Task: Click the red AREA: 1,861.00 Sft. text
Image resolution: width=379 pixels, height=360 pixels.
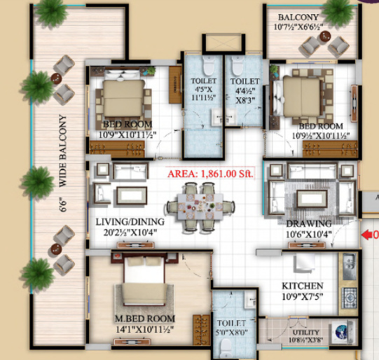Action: click(210, 172)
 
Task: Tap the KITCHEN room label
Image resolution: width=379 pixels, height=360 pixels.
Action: click(302, 286)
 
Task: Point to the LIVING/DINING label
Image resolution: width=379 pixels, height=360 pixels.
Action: click(131, 223)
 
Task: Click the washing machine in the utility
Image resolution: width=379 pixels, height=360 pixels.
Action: click(343, 331)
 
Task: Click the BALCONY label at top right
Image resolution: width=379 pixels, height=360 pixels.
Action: click(298, 18)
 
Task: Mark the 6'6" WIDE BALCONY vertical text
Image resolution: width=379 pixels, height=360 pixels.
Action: click(62, 161)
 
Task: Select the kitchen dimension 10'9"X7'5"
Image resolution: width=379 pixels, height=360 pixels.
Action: click(302, 297)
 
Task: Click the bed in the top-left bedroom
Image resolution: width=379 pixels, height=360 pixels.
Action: click(123, 99)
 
